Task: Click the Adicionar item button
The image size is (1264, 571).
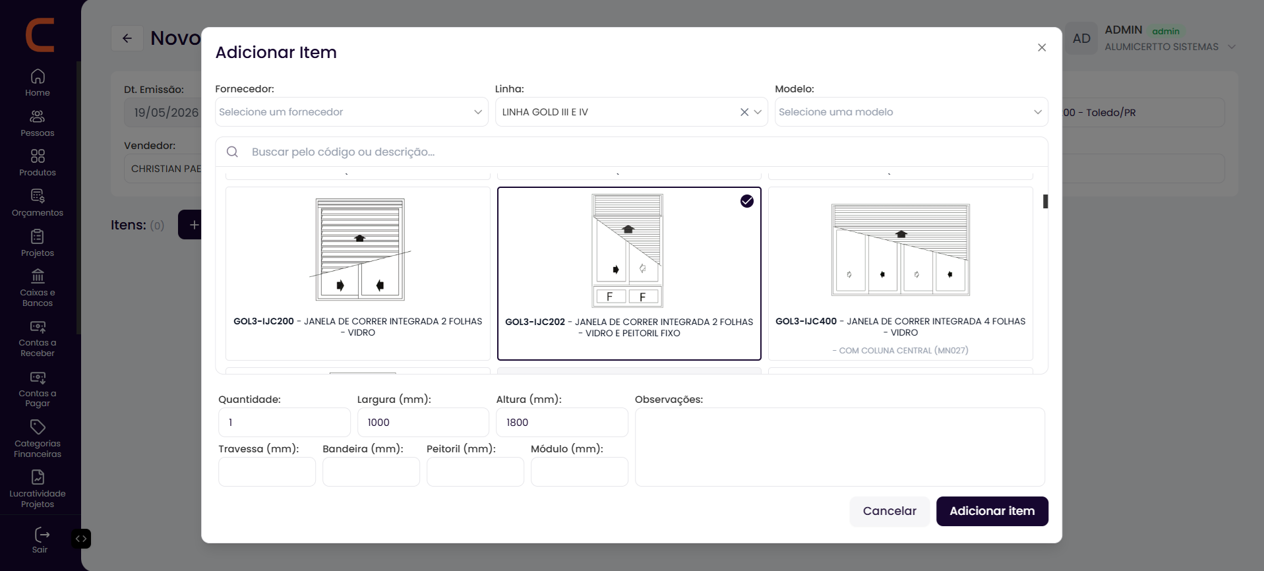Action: point(992,511)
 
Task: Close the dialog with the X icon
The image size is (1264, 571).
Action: point(1042,47)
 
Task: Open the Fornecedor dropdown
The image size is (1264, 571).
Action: point(351,112)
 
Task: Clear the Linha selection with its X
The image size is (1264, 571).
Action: point(744,112)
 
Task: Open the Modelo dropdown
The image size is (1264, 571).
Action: point(911,112)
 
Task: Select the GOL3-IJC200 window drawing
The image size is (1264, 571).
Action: point(360,250)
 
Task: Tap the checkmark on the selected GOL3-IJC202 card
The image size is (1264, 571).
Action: point(746,201)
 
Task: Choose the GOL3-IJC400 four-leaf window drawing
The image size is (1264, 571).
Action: point(901,250)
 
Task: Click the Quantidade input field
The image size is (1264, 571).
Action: point(284,422)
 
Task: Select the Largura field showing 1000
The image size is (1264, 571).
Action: point(423,422)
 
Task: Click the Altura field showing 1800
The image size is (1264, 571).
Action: point(562,422)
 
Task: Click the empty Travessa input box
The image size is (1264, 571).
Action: point(267,471)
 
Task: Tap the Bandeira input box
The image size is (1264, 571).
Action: point(371,471)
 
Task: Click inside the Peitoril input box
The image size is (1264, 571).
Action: point(475,471)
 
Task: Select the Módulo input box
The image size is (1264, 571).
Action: point(580,471)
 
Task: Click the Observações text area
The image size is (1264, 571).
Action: point(840,447)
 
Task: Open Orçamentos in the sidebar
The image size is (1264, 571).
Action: point(38,203)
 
